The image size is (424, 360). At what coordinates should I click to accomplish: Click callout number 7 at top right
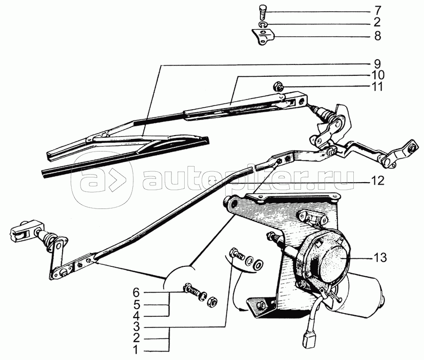[377, 11]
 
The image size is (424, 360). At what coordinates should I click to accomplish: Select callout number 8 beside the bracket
[377, 36]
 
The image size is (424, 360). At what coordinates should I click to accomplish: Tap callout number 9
[377, 64]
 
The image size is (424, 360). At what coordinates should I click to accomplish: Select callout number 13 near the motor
[380, 257]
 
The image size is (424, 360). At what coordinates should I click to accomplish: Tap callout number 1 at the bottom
[136, 351]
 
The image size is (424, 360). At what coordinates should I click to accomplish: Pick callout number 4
[136, 315]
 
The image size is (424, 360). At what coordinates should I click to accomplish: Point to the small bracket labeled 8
[263, 37]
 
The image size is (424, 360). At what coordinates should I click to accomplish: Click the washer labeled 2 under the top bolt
[262, 24]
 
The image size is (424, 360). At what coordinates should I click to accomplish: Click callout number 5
[136, 304]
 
